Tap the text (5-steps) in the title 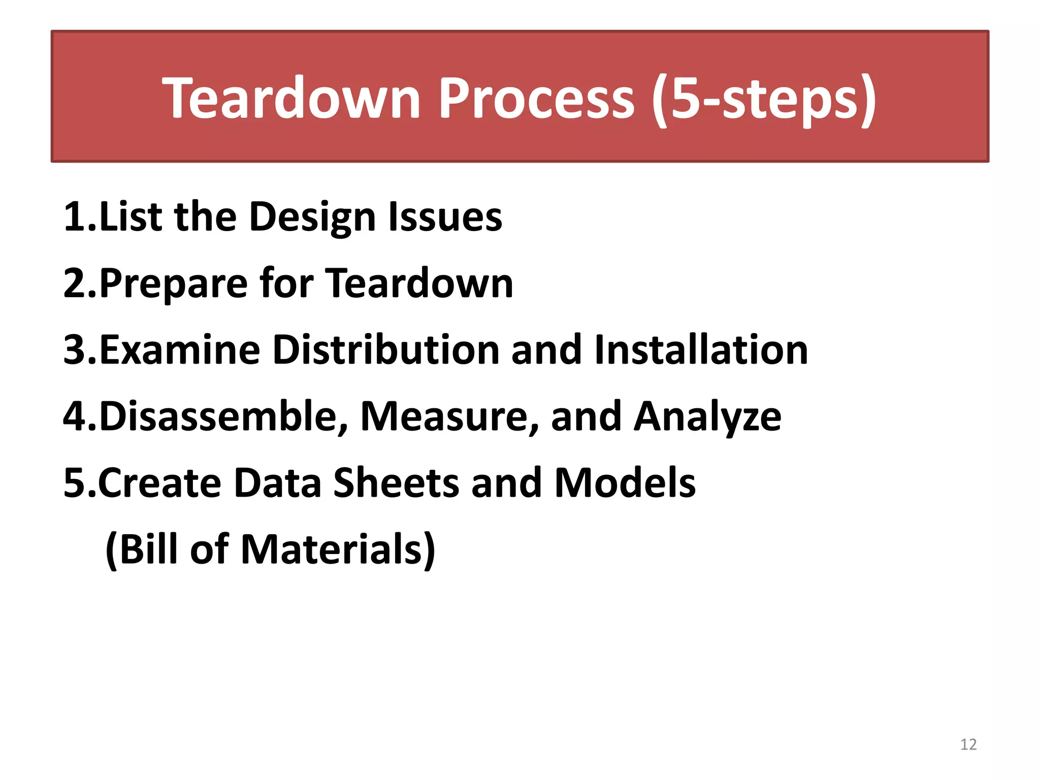coord(764,99)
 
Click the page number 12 coord(968,744)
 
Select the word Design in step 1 coord(312,217)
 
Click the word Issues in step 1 coord(445,217)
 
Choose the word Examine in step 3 coord(180,350)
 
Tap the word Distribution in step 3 coord(386,350)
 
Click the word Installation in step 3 coord(701,350)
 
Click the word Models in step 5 coord(625,483)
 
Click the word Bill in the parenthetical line coord(147,549)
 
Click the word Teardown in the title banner coord(291,99)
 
